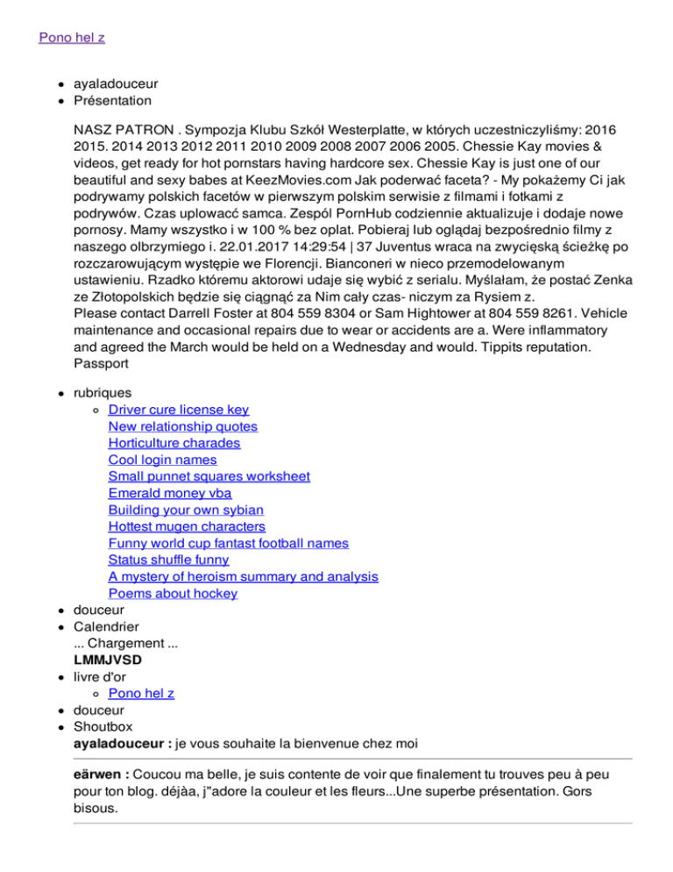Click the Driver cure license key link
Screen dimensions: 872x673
click(x=179, y=410)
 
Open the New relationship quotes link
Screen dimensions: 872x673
click(x=183, y=426)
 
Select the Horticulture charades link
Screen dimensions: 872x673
click(x=174, y=443)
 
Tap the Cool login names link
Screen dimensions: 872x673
click(x=162, y=460)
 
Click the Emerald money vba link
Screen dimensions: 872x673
click(x=164, y=493)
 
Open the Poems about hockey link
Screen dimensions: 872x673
click(x=173, y=593)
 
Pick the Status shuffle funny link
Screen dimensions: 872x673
click(x=168, y=560)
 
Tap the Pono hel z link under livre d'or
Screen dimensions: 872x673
click(x=141, y=693)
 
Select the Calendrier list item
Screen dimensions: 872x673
click(x=105, y=626)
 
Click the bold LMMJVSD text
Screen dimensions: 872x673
click(x=108, y=660)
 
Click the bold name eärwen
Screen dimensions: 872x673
click(x=100, y=776)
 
